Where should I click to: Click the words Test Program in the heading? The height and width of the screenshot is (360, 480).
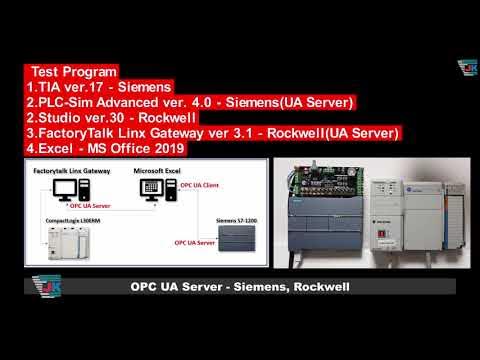tap(75, 72)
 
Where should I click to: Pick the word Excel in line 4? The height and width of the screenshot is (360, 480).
tap(56, 148)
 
